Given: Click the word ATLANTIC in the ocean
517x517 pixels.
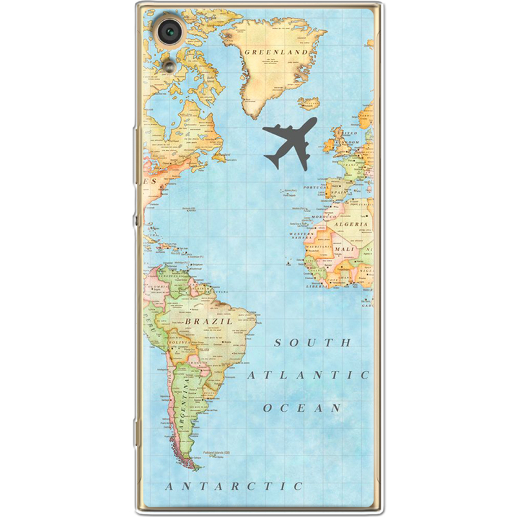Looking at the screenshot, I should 309,374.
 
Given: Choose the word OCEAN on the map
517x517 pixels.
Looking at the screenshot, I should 302,408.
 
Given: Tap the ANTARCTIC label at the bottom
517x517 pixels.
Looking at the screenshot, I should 234,485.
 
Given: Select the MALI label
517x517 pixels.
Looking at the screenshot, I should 344,248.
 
